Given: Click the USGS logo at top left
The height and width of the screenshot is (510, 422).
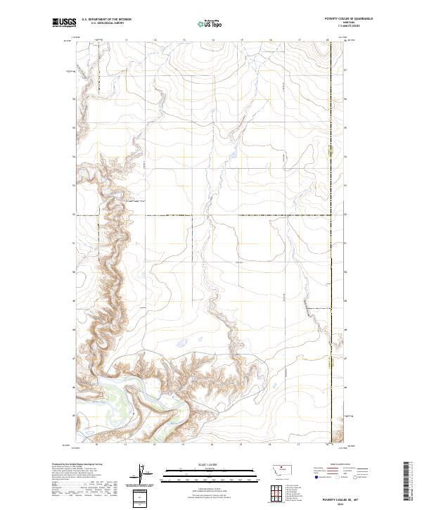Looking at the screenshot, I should pyautogui.click(x=63, y=23).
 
